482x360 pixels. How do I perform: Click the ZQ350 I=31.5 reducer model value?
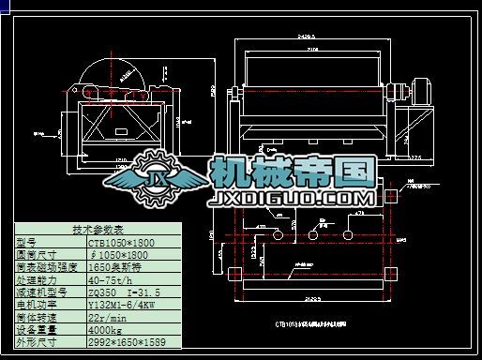point(117,291)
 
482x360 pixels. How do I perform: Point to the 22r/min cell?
point(101,316)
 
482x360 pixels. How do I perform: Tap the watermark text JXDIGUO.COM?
point(294,199)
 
